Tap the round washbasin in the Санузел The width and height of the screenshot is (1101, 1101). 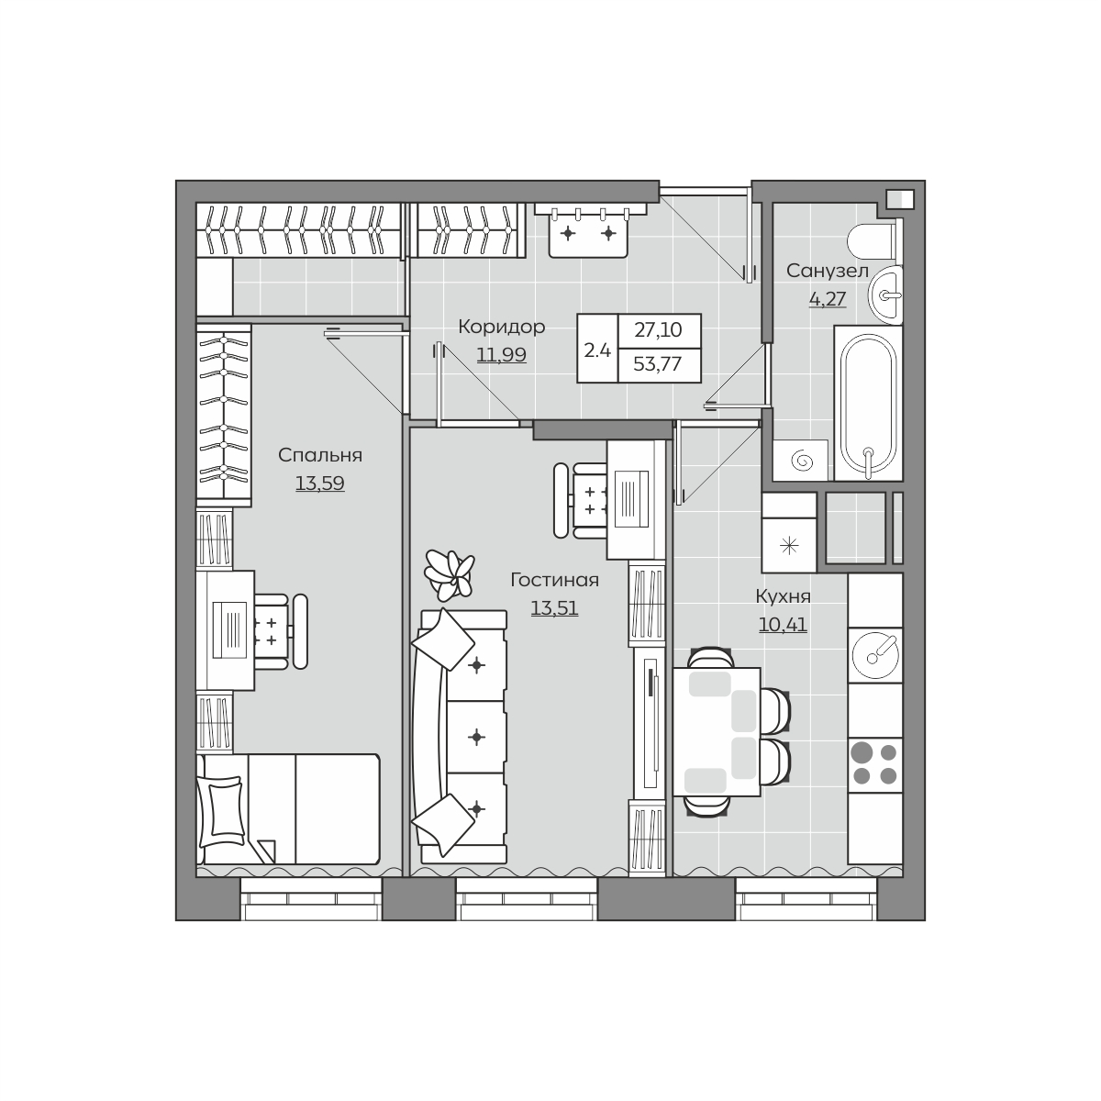pos(885,295)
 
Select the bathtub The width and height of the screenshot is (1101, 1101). pos(869,404)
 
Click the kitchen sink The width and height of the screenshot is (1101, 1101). pos(874,655)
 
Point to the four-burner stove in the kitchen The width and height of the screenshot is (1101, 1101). pos(874,765)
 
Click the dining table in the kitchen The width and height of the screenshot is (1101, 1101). pos(717,732)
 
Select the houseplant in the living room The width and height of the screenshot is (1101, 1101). pos(450,574)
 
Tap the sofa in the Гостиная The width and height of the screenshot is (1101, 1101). pos(460,737)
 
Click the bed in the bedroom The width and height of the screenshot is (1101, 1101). pos(288,809)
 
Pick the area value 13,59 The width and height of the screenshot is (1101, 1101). pos(320,484)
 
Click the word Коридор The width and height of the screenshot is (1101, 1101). pos(502,327)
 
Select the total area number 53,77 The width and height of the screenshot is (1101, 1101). pos(658,364)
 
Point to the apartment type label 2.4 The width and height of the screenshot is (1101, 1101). pos(597,350)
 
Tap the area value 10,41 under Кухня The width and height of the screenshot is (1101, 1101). pos(783,625)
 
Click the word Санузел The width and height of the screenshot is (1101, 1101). pos(828,271)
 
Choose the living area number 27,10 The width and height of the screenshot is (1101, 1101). pos(658,329)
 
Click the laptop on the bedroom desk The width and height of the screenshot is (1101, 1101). pos(229,630)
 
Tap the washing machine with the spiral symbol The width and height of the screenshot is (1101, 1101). pos(800,460)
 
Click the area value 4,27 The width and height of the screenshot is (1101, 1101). pos(828,299)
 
